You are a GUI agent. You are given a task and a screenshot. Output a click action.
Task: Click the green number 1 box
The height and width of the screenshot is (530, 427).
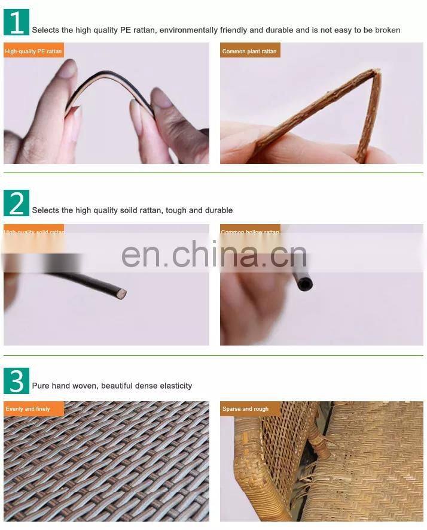(16, 23)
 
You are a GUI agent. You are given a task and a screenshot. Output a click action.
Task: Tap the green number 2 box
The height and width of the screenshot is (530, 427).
(16, 204)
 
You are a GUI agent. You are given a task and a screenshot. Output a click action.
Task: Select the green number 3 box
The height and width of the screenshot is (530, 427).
(16, 381)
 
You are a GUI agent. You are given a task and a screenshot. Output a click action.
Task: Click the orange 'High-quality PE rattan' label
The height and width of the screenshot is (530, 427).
(33, 52)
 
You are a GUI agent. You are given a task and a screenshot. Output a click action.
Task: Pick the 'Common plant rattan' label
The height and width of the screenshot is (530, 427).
(249, 52)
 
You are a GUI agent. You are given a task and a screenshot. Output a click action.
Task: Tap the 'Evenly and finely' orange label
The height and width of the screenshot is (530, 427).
(28, 409)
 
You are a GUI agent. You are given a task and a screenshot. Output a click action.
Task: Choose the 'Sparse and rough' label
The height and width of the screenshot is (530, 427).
(246, 409)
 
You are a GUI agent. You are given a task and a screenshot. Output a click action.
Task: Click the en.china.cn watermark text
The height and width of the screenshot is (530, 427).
(214, 255)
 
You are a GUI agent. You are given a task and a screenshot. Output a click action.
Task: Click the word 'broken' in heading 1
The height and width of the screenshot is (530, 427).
(387, 30)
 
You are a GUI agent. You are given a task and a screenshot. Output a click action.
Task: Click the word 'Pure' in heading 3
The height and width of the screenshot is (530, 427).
(41, 386)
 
